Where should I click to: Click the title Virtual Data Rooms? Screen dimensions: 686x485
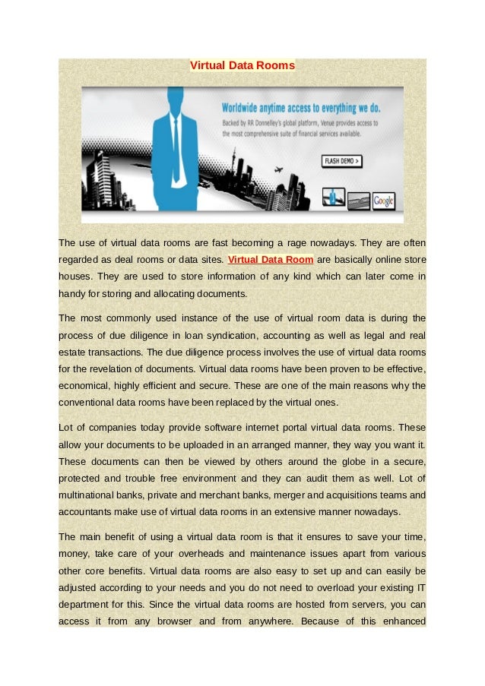click(x=242, y=65)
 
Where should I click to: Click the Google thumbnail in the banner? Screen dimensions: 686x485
click(x=384, y=201)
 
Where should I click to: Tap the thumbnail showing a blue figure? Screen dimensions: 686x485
click(x=334, y=197)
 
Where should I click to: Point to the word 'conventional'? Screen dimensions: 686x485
click(x=90, y=402)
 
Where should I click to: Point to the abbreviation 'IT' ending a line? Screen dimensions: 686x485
click(x=420, y=587)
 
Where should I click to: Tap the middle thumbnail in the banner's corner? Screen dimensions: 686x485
click(x=359, y=201)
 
